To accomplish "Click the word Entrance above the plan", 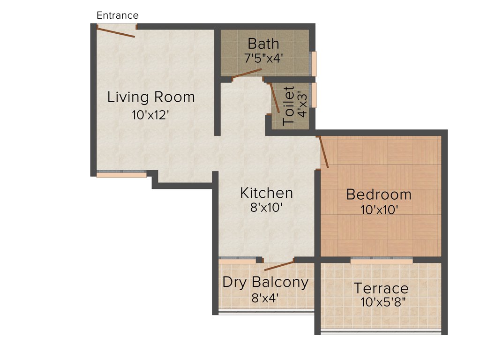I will [x=117, y=15].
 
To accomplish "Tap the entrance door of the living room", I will [x=116, y=32].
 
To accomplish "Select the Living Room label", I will [x=151, y=97].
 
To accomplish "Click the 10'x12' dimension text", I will [x=150, y=115].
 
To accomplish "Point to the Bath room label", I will [x=263, y=44].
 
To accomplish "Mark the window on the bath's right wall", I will [x=314, y=63].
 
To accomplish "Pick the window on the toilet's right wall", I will [x=314, y=95].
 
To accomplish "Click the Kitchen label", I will [x=266, y=193].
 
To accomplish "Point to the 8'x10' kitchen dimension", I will [x=266, y=208].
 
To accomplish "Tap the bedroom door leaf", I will [x=323, y=152].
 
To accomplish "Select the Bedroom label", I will [x=379, y=194].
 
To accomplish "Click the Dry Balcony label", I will [x=265, y=282].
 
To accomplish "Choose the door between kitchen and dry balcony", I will [x=279, y=266].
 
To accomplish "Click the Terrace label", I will [x=381, y=288].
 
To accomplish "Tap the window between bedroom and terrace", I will [x=382, y=260].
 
